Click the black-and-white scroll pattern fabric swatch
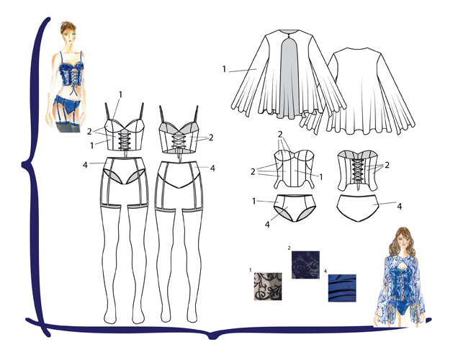click(x=268, y=287)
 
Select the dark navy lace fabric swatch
click(x=305, y=265)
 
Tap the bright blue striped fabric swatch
click(x=342, y=288)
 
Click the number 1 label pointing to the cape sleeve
click(x=224, y=69)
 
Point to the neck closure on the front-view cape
click(x=289, y=37)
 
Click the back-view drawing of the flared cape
click(x=371, y=91)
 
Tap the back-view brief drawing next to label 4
click(x=358, y=207)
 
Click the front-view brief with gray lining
click(x=295, y=208)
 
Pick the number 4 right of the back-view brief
click(x=399, y=207)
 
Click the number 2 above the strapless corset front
click(x=280, y=135)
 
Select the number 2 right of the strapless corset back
click(x=387, y=166)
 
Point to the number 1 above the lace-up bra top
click(x=120, y=94)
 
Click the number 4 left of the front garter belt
click(x=85, y=165)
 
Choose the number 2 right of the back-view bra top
click(x=210, y=138)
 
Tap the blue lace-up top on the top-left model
click(x=71, y=73)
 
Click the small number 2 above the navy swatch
click(x=289, y=248)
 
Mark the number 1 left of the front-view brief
click(x=253, y=201)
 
